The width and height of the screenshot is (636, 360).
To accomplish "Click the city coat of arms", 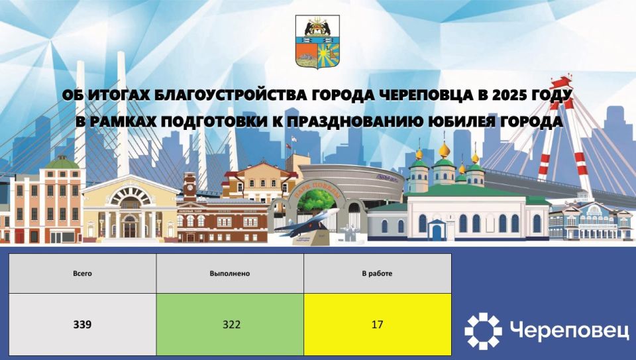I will (x=317, y=42).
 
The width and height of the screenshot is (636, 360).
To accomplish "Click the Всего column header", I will (x=82, y=273).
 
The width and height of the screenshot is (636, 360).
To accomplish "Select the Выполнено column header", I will (x=229, y=273).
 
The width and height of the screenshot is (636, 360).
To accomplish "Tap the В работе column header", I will (x=377, y=273).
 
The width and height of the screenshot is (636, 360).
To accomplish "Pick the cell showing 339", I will (x=82, y=325).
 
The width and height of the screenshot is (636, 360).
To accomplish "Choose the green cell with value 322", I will (x=230, y=325).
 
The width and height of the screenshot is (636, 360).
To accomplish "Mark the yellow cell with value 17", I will (x=377, y=325).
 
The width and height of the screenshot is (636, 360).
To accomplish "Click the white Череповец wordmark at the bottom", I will (x=570, y=330).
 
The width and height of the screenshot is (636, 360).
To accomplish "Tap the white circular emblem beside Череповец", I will (x=483, y=330).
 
